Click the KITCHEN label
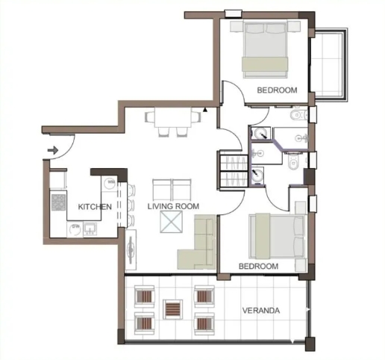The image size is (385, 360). (96, 206)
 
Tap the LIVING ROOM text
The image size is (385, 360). (172, 206)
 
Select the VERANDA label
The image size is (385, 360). (261, 310)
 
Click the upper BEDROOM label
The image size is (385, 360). (277, 90)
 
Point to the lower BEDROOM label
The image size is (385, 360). (258, 266)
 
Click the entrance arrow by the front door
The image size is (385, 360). (52, 150)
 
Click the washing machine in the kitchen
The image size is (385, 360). (110, 181)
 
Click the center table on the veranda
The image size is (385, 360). (173, 308)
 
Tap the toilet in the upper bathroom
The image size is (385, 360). (298, 117)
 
